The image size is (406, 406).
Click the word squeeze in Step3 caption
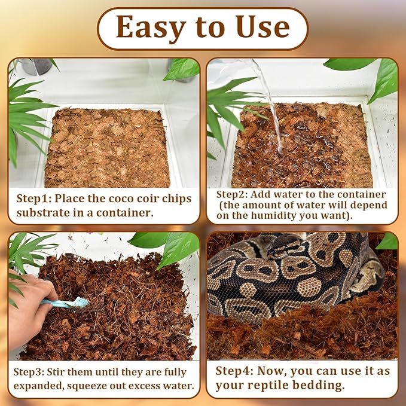coord(99,386)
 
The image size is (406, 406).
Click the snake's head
coord(285,243)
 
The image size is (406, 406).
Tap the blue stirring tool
coord(69,303)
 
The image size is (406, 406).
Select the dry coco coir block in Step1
coord(108,146)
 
